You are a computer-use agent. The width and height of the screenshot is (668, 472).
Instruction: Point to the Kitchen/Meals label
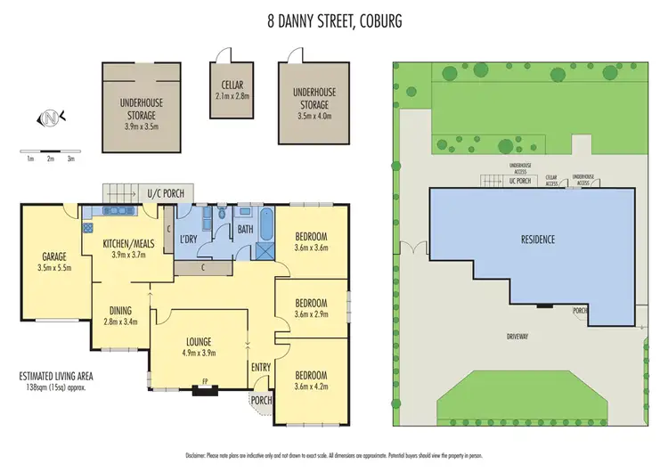pos(125,248)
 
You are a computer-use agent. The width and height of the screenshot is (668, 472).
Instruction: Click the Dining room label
pos(120,315)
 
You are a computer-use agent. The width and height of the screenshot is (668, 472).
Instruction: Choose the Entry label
pos(260,368)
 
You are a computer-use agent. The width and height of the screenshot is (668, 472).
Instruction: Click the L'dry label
pos(187,240)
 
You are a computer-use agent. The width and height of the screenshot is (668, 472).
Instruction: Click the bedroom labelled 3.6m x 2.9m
pos(311,308)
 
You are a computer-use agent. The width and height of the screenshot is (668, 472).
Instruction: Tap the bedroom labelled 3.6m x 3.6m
pos(311,241)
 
